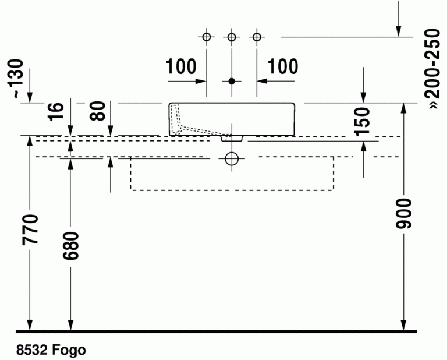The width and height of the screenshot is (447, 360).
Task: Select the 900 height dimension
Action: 405,214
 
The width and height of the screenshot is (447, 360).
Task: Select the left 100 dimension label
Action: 181,67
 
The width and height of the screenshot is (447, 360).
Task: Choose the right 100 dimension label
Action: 283,67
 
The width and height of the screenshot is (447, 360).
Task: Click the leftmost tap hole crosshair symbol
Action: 207,37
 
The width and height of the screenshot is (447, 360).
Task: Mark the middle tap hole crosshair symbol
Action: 232,37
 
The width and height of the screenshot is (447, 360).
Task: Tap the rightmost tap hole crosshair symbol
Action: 257,37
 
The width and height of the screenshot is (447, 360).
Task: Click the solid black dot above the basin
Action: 232,81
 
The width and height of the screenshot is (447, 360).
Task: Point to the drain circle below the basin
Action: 232,158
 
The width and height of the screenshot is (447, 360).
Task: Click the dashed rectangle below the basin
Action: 232,189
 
